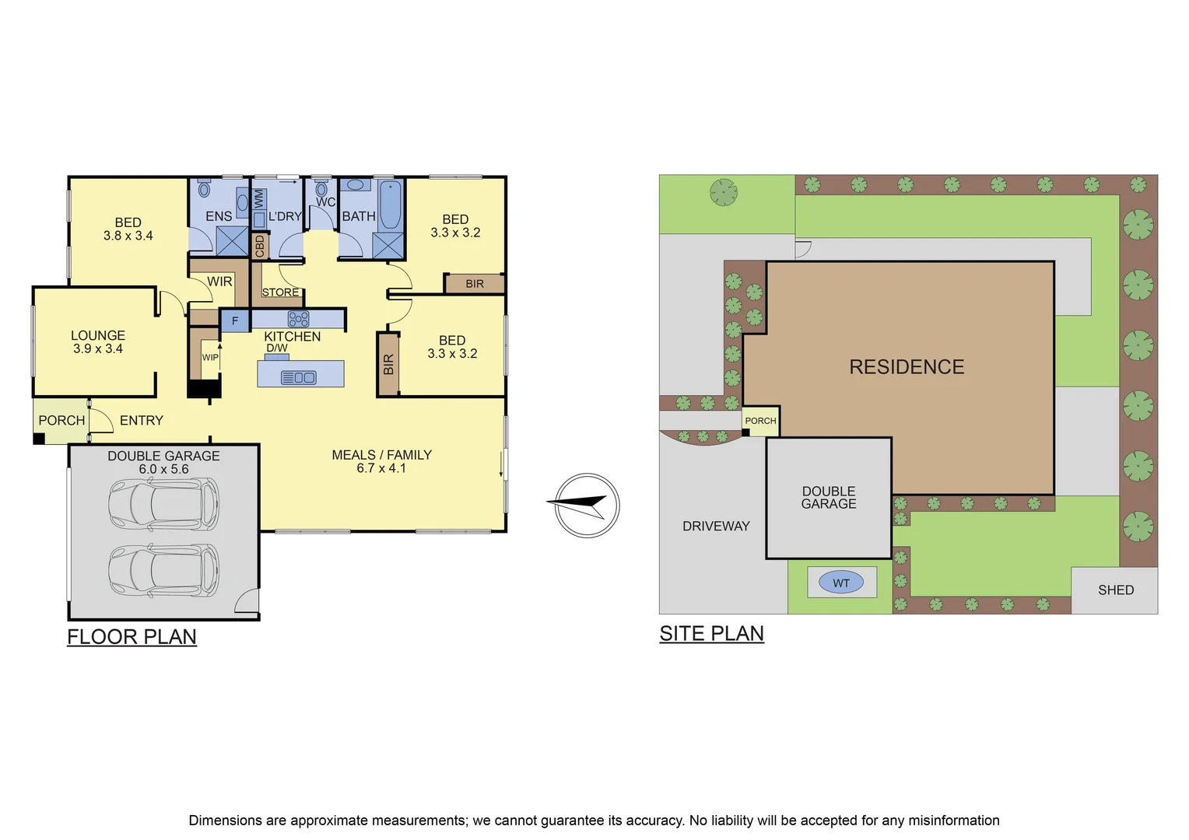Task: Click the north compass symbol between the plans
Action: tap(587, 506)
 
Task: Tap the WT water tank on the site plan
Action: tap(841, 583)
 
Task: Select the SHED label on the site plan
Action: tap(1115, 590)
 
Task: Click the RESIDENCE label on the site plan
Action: tap(907, 367)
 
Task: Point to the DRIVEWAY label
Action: tap(716, 527)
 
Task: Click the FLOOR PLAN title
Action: tap(132, 637)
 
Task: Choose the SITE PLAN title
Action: tap(711, 634)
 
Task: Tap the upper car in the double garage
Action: tap(163, 504)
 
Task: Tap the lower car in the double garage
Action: tap(163, 570)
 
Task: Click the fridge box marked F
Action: tap(235, 320)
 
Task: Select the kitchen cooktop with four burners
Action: tap(299, 319)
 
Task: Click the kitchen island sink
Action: tap(299, 378)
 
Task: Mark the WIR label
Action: tap(219, 282)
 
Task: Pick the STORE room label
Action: tap(280, 292)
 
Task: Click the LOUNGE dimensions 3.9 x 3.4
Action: tap(98, 349)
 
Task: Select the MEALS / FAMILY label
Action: tap(381, 455)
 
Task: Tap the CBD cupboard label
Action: tap(260, 246)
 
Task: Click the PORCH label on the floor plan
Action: tap(61, 421)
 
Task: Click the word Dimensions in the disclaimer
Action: tap(225, 821)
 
